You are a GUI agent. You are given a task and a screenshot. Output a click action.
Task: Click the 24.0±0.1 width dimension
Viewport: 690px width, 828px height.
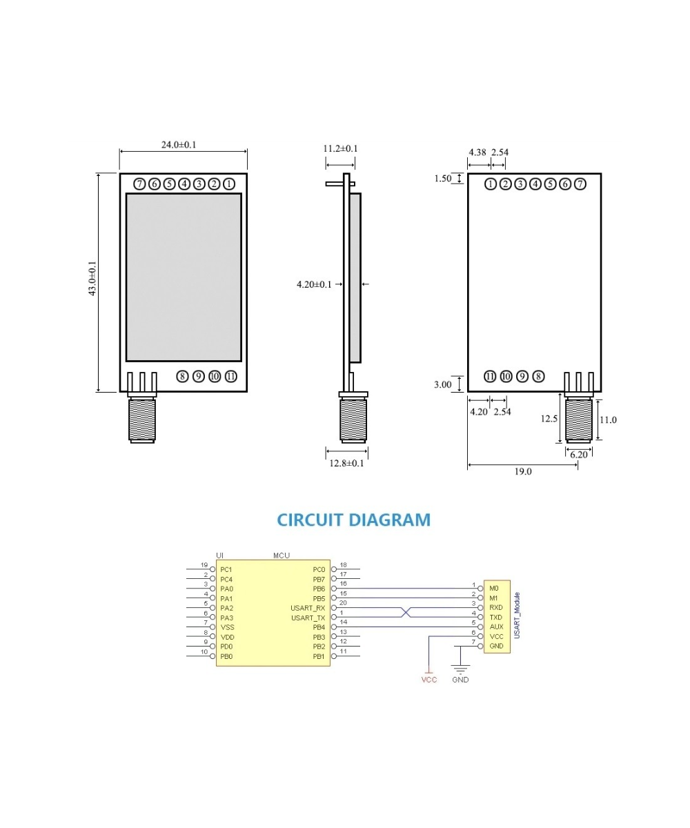(179, 145)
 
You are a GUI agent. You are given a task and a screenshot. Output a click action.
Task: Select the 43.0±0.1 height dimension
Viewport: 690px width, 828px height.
(92, 279)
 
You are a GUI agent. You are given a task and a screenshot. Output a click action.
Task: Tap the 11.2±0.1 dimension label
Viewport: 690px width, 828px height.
(340, 148)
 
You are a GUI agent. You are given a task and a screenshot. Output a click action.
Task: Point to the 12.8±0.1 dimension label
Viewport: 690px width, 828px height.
(346, 463)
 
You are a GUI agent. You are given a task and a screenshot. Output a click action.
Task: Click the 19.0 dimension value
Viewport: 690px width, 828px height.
(522, 472)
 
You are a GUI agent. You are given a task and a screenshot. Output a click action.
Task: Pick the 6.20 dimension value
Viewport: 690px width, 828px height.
(579, 455)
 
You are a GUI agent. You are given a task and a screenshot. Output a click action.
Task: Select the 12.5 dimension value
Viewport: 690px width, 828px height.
(549, 418)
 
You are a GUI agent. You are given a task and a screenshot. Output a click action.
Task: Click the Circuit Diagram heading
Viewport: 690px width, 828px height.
(353, 520)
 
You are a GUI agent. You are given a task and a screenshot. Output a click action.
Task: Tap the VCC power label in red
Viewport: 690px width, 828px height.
(429, 680)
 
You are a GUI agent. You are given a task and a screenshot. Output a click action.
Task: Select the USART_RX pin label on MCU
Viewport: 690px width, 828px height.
(308, 608)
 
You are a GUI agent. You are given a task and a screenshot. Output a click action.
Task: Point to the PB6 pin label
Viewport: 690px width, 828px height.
(318, 589)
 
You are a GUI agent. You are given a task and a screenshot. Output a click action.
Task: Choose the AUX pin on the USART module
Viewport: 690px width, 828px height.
(496, 627)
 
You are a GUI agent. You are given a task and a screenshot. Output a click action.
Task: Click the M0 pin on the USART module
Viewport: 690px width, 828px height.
(493, 588)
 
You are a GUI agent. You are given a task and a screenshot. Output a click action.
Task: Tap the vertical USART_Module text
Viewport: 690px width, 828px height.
(517, 615)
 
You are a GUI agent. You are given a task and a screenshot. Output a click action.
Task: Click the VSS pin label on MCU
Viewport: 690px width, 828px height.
(227, 627)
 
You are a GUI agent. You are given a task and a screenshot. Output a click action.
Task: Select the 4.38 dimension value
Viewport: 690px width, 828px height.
(477, 152)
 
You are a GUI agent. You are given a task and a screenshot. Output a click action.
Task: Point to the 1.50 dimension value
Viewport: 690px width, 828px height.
(442, 179)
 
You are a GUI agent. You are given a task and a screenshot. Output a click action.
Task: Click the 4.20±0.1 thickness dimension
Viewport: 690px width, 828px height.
(314, 284)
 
